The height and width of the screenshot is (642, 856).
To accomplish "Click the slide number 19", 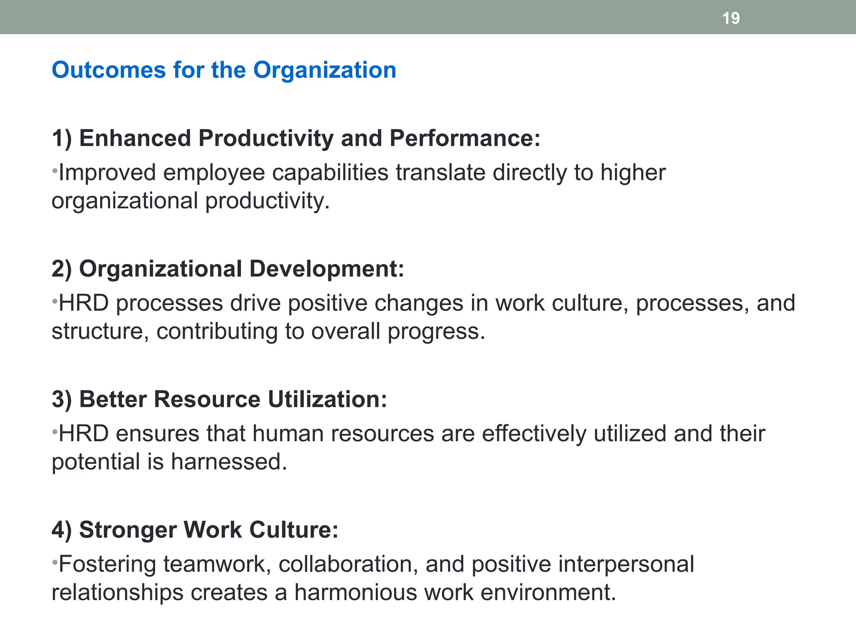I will pyautogui.click(x=731, y=18).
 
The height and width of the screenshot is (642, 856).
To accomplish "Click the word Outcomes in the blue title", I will pyautogui.click(x=109, y=70).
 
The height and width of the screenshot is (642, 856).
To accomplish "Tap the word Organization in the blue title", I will pyautogui.click(x=325, y=70).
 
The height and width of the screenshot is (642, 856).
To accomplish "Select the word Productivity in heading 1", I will pyautogui.click(x=266, y=138).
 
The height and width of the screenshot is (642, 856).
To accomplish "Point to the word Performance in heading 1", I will pyautogui.click(x=465, y=138).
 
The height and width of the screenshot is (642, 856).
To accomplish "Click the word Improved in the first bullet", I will pyautogui.click(x=107, y=173).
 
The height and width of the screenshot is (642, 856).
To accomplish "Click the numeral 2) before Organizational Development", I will pyautogui.click(x=61, y=269).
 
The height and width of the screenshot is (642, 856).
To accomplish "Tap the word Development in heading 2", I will pyautogui.click(x=327, y=269).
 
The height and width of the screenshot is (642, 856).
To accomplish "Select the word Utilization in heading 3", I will pyautogui.click(x=327, y=399).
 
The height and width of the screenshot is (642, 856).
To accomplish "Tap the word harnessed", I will pyautogui.click(x=229, y=462).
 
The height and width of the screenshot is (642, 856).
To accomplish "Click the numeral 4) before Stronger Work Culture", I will pyautogui.click(x=61, y=530).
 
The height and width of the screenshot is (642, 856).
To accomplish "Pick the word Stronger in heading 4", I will pyautogui.click(x=127, y=530).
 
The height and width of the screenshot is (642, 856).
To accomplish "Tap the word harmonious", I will pyautogui.click(x=356, y=593).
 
